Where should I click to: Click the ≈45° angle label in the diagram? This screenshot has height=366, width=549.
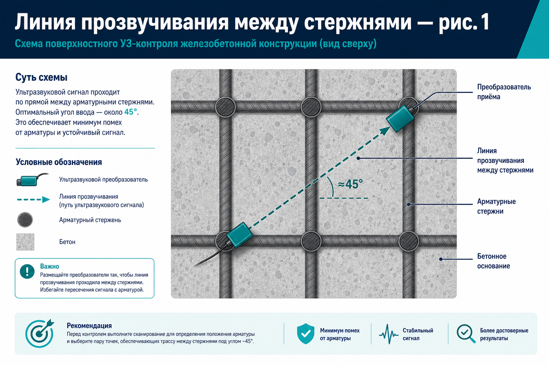[x=350, y=184]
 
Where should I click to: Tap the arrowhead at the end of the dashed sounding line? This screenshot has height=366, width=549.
[x=385, y=130]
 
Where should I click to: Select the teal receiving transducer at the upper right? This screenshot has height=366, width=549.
[x=400, y=118]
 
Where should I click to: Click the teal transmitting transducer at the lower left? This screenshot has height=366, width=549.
[x=240, y=235]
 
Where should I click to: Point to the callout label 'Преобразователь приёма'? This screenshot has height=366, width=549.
[x=504, y=92]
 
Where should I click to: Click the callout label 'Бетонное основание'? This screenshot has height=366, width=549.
[x=493, y=261]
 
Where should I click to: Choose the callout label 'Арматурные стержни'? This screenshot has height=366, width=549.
[x=496, y=207]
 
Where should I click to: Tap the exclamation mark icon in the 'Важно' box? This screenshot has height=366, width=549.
[x=27, y=271]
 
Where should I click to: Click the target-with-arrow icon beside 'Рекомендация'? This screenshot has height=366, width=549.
[x=39, y=333]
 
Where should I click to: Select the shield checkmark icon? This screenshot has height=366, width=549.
[x=306, y=333]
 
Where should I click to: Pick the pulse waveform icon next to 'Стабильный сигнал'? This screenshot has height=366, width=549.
[x=389, y=334]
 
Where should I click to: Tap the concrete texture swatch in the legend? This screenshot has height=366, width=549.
[x=25, y=242]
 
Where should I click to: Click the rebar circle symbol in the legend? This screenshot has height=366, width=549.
[x=25, y=220]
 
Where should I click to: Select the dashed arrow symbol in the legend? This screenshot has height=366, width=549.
[x=34, y=199]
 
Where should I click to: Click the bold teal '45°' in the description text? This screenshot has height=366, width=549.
[x=130, y=112]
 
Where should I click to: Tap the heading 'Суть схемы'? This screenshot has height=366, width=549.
[x=41, y=78]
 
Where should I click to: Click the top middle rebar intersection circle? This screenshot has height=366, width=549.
[x=311, y=107]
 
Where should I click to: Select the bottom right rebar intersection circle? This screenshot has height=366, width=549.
[x=409, y=241]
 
